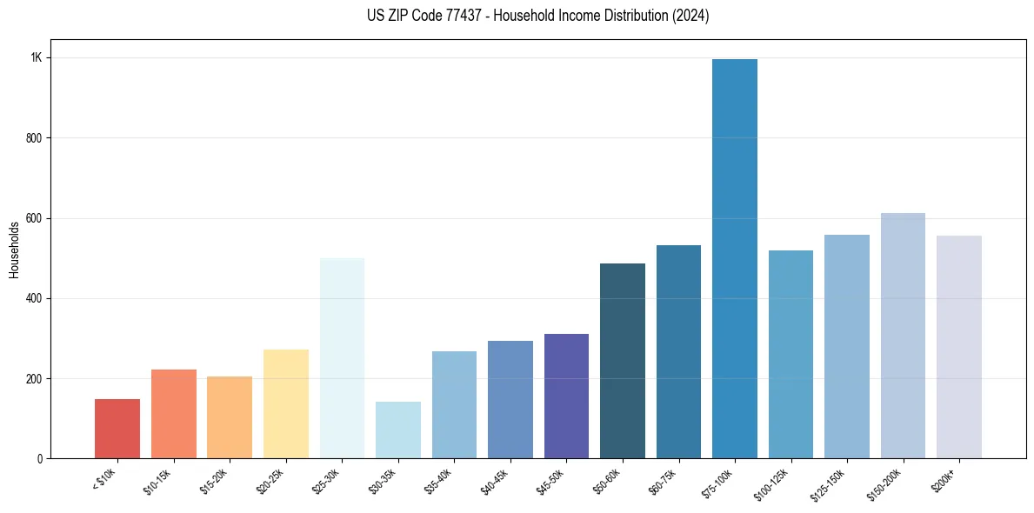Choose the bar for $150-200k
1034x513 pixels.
(903, 336)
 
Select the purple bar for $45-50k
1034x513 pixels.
(566, 396)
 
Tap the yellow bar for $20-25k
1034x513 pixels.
(286, 404)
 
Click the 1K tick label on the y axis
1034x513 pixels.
(36, 58)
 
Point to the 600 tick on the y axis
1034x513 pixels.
(34, 218)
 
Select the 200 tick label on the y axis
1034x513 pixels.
(34, 379)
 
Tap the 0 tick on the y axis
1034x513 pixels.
(39, 459)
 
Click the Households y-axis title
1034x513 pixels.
(14, 250)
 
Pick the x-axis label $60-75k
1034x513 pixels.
(663, 481)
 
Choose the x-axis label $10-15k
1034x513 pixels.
(157, 481)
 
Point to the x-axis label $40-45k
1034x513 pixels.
(494, 481)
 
